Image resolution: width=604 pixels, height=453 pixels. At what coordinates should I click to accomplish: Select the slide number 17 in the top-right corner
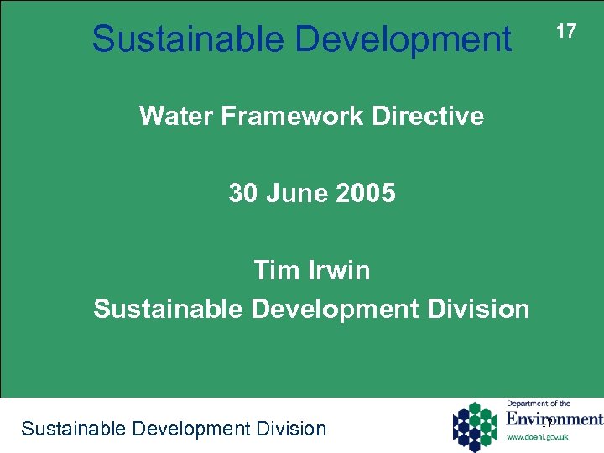click(566, 31)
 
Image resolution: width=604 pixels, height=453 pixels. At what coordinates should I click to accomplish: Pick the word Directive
click(436, 116)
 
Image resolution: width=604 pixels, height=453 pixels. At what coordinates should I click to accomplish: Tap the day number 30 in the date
click(243, 194)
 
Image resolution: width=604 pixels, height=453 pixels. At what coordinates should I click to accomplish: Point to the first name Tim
click(272, 270)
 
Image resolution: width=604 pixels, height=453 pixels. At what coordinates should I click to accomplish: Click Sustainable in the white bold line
click(168, 309)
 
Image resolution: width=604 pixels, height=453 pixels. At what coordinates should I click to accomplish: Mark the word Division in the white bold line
click(483, 309)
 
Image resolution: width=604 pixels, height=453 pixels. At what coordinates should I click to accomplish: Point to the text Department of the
click(539, 404)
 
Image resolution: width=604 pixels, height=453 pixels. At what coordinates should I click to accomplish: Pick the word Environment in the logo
click(554, 419)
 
